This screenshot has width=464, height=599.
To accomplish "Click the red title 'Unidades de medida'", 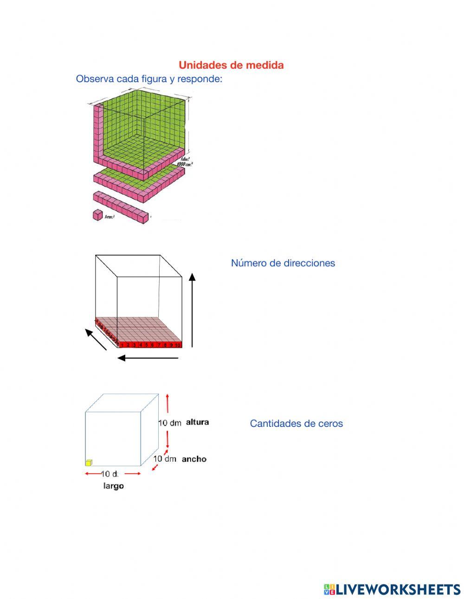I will point(231,65).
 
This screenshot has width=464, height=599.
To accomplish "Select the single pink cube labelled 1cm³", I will point(98,215).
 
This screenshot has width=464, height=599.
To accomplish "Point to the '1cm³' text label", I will point(110,217).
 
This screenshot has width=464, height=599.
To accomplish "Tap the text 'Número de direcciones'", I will point(283,263).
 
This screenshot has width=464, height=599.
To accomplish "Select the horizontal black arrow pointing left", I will point(148,358).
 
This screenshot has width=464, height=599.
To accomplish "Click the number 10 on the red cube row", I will point(178,345).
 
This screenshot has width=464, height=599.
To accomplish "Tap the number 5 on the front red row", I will point(146,345).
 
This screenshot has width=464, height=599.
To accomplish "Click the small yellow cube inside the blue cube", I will point(89,462).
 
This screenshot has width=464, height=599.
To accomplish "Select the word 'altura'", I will point(197,422).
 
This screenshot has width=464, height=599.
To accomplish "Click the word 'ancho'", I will point(194,459).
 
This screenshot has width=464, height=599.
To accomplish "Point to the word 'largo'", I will point(113,486).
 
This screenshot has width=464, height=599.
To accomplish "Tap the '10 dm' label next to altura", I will point(170,423).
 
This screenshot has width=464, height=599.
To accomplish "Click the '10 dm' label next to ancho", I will point(165,458).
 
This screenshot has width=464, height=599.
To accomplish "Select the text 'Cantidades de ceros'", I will point(296,424).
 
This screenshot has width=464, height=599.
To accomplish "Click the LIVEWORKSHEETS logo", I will point(392,589).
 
